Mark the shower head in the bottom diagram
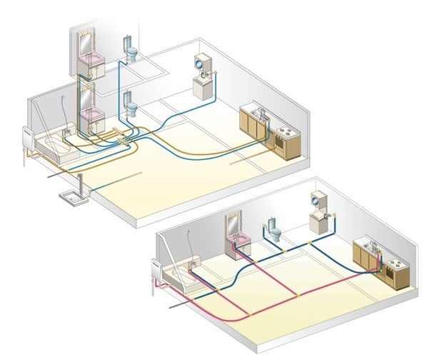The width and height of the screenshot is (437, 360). pos(189,233)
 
